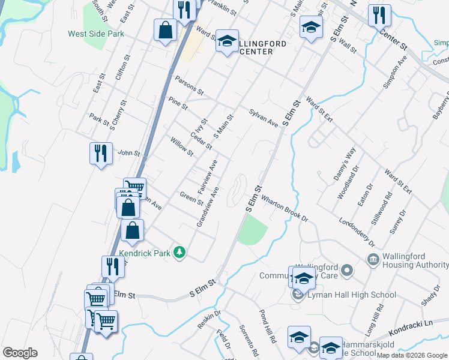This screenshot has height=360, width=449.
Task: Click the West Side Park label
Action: [x=96, y=34]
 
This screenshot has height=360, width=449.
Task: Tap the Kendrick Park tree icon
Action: [x=178, y=253]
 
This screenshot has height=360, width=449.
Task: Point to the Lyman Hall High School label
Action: [x=351, y=295]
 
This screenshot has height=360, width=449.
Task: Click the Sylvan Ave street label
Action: [x=264, y=117]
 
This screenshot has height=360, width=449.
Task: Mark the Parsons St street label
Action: [x=189, y=85]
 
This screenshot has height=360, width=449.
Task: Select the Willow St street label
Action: [x=181, y=146]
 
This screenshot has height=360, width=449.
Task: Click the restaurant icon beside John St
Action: [x=100, y=153]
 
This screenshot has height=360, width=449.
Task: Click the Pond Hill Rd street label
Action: [x=267, y=326]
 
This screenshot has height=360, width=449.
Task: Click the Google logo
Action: [x=20, y=352]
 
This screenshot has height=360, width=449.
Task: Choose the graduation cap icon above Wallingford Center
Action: [x=227, y=41]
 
